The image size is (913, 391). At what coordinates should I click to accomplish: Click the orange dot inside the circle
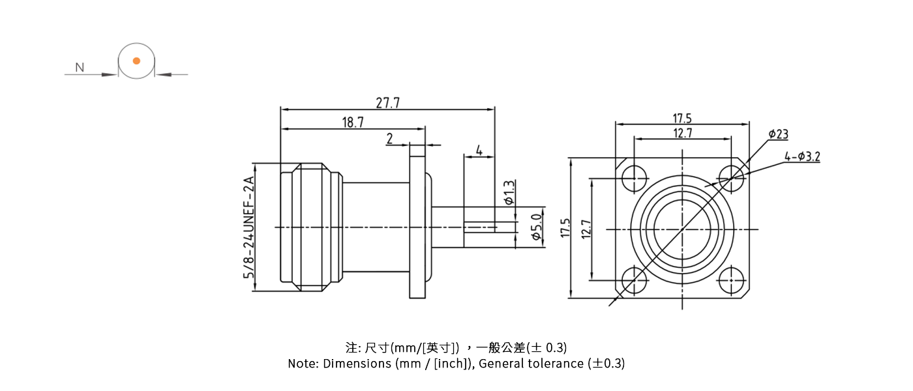pos(136,61)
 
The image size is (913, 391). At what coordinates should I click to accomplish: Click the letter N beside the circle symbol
pos(80,67)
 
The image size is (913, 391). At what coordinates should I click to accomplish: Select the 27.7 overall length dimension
pos(387,102)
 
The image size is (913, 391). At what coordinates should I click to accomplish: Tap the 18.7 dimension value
pos(352,123)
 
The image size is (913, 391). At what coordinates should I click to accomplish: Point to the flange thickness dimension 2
pos(389,138)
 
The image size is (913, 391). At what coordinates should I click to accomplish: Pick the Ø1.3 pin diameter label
pos(509,192)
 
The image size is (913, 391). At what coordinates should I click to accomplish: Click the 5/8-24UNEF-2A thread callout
pos(248,227)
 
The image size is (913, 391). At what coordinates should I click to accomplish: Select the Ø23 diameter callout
pos(778,134)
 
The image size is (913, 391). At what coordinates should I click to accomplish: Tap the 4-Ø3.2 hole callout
pos(802,156)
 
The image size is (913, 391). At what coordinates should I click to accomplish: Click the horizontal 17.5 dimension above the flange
pos(682,118)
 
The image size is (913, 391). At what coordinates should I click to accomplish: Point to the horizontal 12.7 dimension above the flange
pos(682,133)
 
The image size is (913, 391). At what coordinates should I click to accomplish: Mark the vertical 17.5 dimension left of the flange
pos(565,229)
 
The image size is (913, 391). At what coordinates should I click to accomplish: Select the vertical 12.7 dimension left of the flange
pos(586,229)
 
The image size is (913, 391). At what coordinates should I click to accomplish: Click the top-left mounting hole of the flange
pos(634,178)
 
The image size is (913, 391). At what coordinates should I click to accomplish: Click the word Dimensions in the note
pos(357,364)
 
